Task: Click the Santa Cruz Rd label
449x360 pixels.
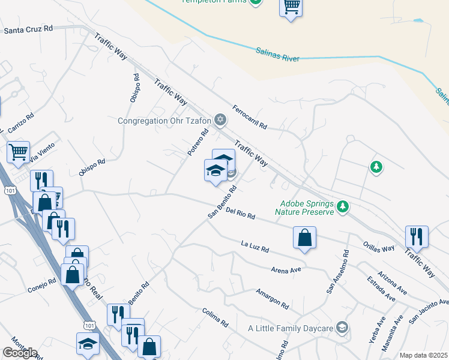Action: pyautogui.click(x=28, y=28)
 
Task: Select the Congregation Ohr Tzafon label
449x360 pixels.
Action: pyautogui.click(x=165, y=121)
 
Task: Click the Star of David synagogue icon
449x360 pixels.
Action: pyautogui.click(x=220, y=121)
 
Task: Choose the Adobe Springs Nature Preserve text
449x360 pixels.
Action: pyautogui.click(x=304, y=208)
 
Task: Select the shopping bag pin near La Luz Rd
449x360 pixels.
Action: pyautogui.click(x=305, y=238)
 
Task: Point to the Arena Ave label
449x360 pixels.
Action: pyautogui.click(x=286, y=270)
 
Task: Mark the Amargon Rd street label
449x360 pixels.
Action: pyautogui.click(x=271, y=299)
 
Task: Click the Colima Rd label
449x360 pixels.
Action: pyautogui.click(x=215, y=317)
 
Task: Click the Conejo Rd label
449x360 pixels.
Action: pyautogui.click(x=41, y=288)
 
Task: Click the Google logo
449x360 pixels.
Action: pyautogui.click(x=20, y=353)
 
